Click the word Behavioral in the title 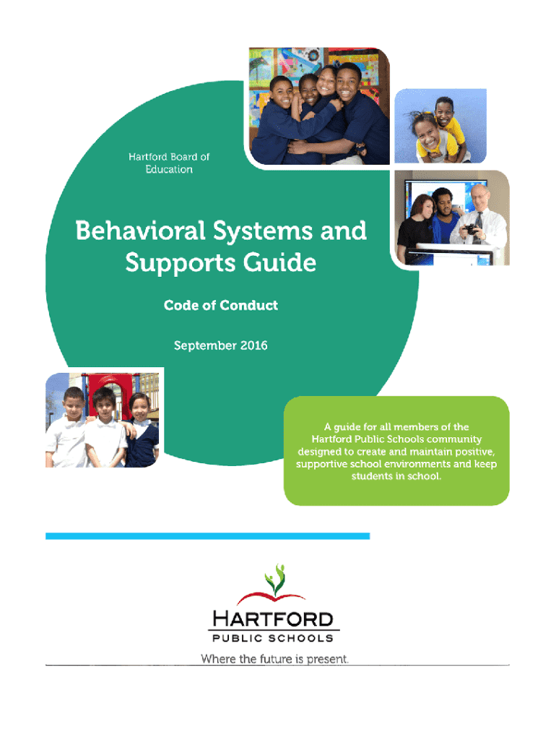point(140,231)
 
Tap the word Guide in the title point(279,262)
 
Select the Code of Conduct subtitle point(221,306)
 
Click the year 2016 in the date point(253,345)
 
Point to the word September point(205,346)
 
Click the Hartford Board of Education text point(169,163)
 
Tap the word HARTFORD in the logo point(273,619)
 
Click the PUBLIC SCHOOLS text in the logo point(273,639)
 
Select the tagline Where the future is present point(274,659)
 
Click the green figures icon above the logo point(275,579)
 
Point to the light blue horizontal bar point(207,536)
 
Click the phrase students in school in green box point(396,476)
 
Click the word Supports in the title point(181,263)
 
